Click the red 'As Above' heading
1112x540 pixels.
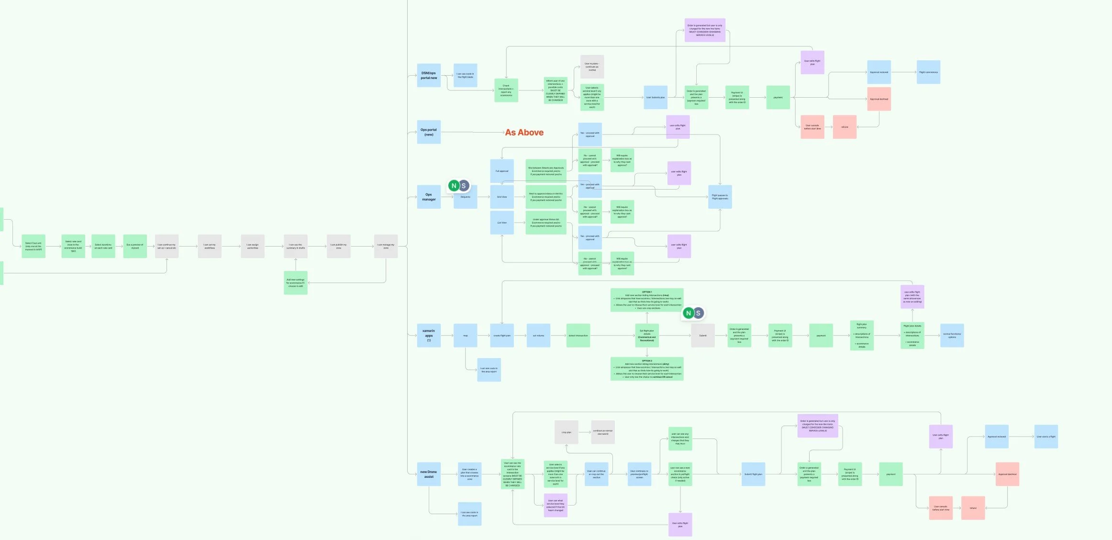click(x=524, y=133)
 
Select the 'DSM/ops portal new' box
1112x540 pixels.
click(x=429, y=76)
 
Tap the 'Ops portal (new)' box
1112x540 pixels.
click(x=429, y=132)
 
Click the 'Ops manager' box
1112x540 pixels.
click(x=429, y=197)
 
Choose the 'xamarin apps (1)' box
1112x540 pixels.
click(x=429, y=335)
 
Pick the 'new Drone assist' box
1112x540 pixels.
click(x=429, y=474)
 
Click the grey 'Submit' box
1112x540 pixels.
click(x=702, y=336)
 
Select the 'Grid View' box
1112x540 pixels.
click(x=501, y=197)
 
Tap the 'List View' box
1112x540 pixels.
click(x=501, y=223)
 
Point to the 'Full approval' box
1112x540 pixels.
click(x=501, y=171)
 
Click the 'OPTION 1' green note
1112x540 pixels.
click(x=646, y=300)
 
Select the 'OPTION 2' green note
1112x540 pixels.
click(x=646, y=369)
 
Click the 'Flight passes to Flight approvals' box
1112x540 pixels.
click(x=720, y=197)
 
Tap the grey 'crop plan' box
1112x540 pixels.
click(x=566, y=432)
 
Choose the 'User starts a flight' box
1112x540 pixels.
click(x=1045, y=437)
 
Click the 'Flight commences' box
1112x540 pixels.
click(x=928, y=72)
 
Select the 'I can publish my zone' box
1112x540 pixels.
click(x=338, y=246)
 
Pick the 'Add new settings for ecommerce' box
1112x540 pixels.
click(x=295, y=282)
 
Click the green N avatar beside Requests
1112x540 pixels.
click(x=454, y=186)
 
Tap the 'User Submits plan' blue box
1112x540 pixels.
click(x=655, y=98)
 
